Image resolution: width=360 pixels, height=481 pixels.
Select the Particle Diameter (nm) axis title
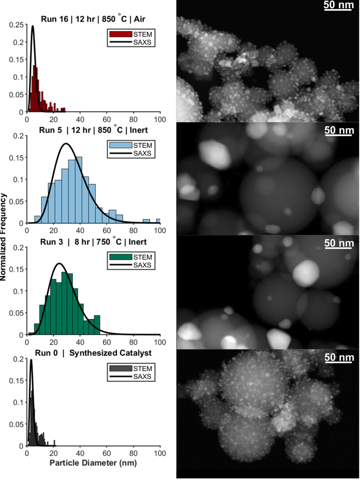coord(93,463)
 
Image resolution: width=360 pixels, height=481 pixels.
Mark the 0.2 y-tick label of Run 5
coord(19,136)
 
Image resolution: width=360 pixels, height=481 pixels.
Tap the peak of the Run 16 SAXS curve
coord(33,26)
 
